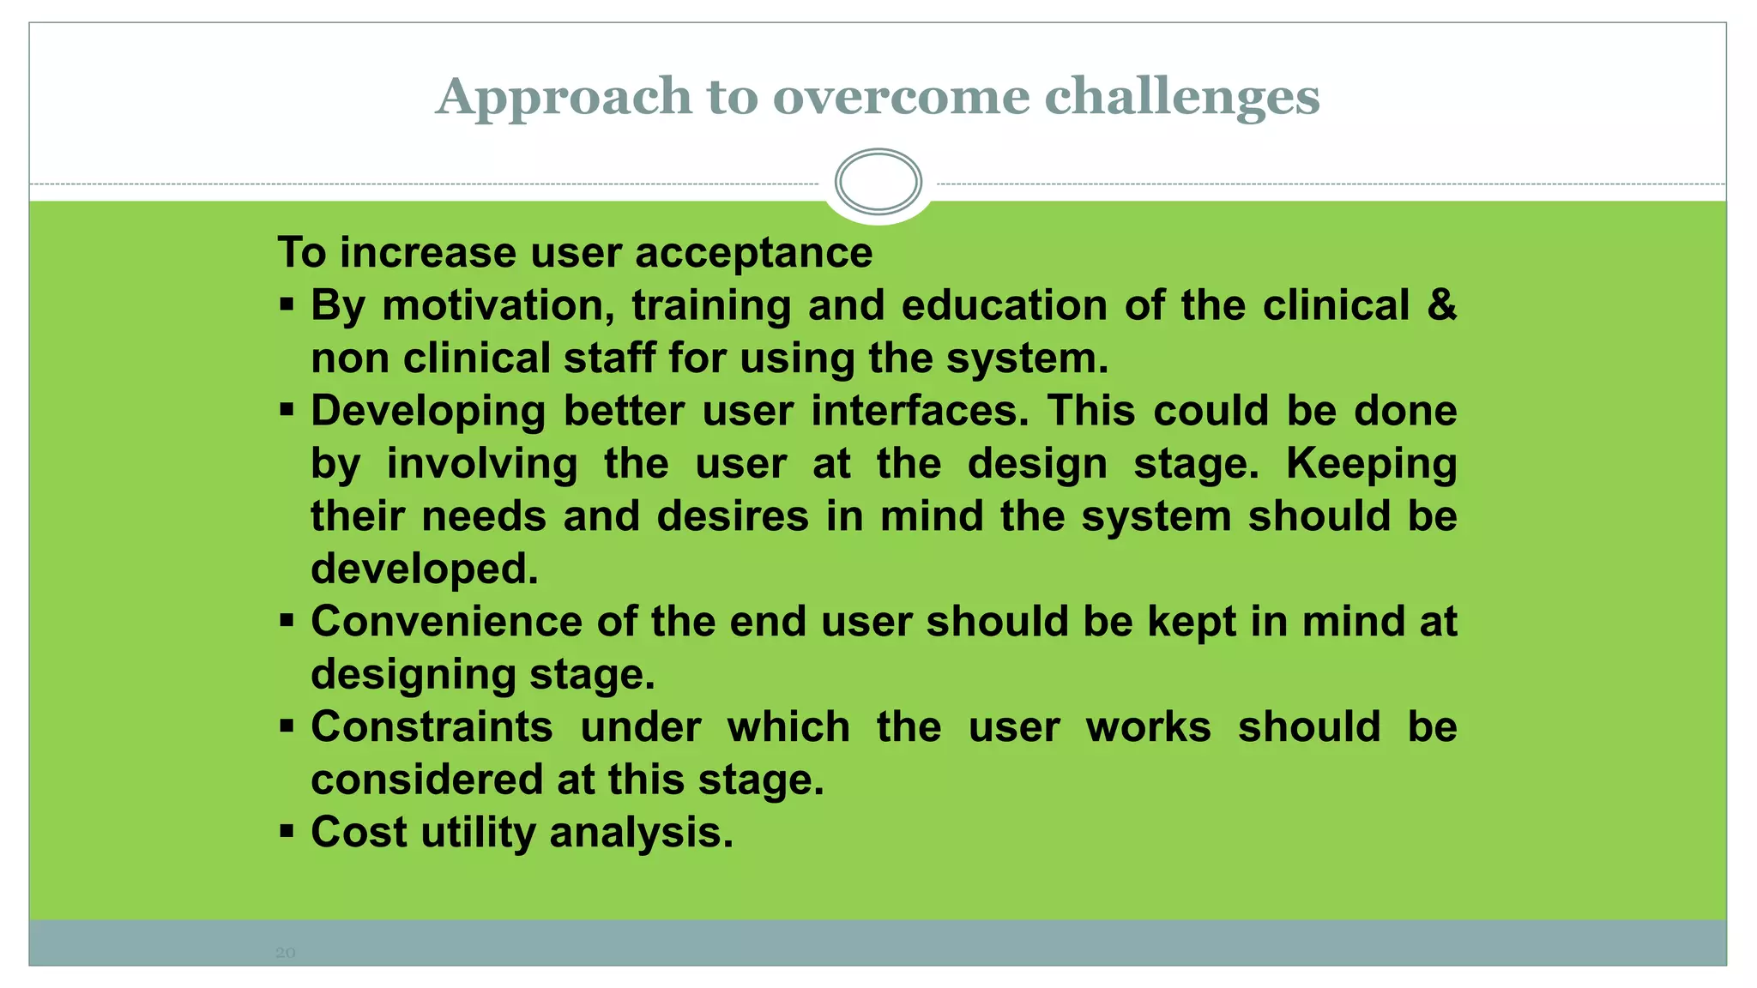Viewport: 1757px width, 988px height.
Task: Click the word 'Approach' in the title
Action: [563, 98]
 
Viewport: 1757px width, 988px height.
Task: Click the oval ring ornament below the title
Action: [878, 182]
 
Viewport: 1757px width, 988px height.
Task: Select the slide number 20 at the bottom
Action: [285, 953]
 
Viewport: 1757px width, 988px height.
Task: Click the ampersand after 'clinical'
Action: [1441, 305]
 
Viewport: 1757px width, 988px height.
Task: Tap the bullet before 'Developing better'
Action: [287, 409]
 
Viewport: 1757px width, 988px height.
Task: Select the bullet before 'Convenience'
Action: [287, 620]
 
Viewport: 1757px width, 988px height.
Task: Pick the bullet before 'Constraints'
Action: [287, 726]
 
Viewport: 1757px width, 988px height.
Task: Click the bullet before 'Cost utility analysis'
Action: [287, 831]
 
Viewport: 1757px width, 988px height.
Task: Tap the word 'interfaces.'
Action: [920, 411]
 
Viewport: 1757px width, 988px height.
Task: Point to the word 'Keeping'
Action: [1371, 465]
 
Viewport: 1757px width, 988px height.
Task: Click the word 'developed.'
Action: [425, 569]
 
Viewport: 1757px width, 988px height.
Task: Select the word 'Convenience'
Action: [446, 622]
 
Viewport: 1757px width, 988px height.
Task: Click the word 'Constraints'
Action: [432, 727]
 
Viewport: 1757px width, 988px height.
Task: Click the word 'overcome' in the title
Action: [901, 96]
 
